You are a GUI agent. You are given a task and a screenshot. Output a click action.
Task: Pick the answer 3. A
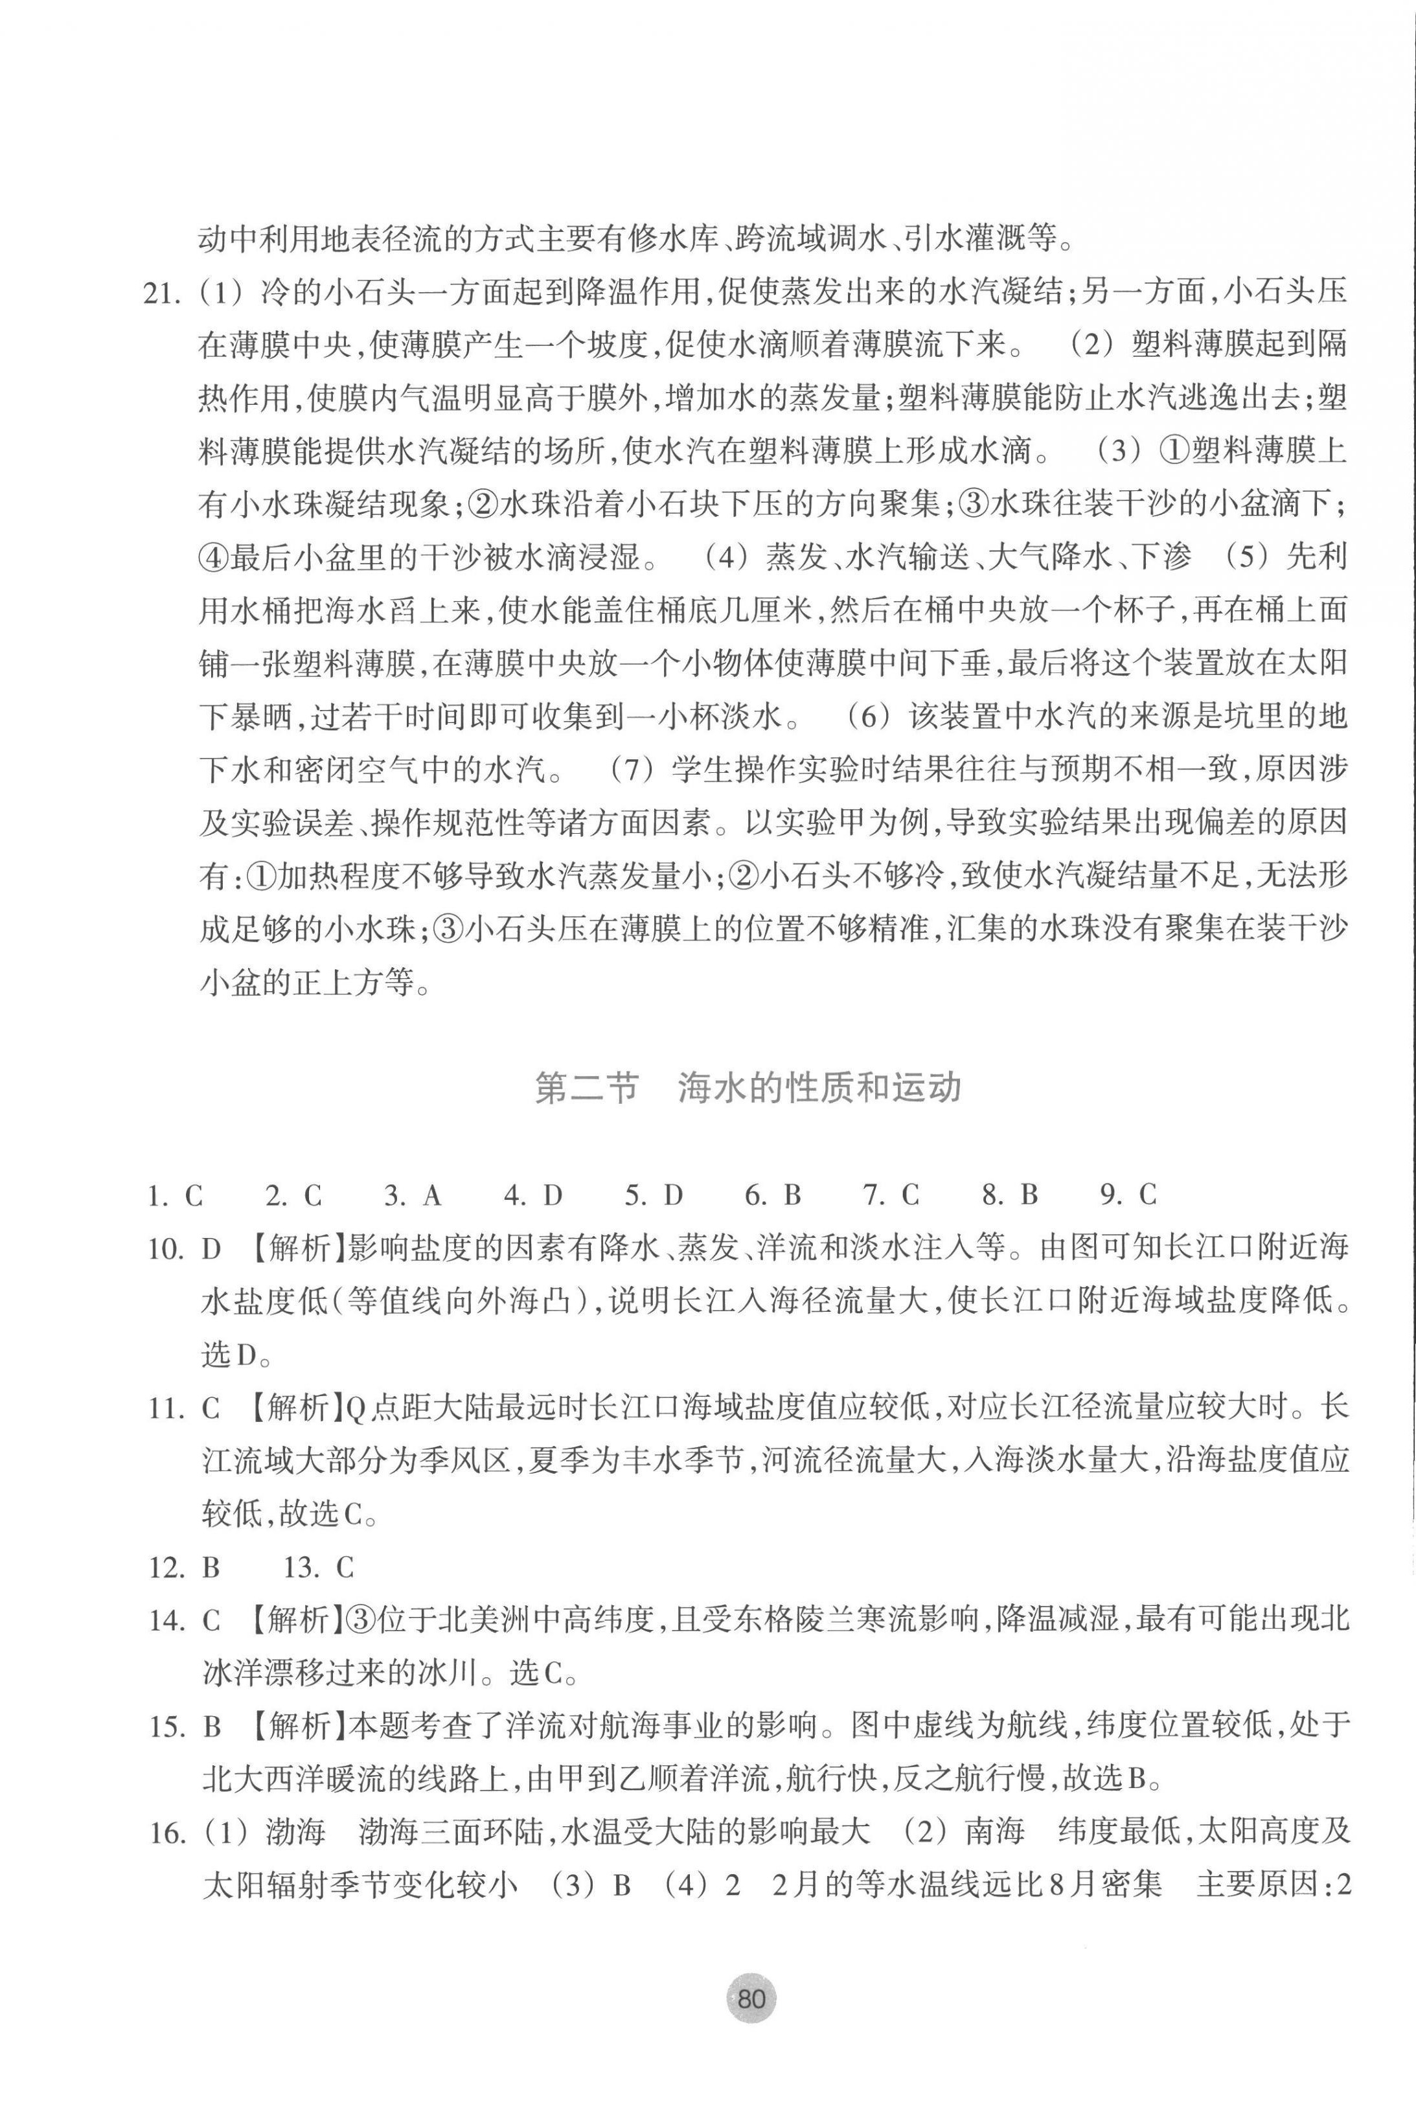click(412, 1196)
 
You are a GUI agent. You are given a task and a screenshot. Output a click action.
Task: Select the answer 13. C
click(319, 1568)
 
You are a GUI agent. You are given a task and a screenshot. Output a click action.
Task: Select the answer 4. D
click(533, 1196)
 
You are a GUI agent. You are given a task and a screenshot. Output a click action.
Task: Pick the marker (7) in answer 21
click(631, 770)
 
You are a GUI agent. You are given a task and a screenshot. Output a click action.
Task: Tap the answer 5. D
click(654, 1196)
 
